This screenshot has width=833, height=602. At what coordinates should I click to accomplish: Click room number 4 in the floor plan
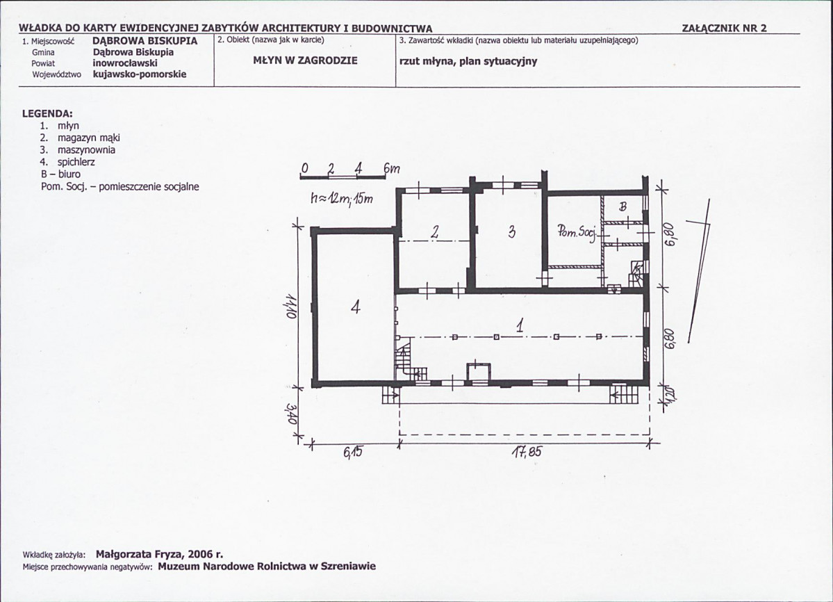tap(356, 307)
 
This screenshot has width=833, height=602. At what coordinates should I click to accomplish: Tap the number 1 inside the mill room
tap(520, 325)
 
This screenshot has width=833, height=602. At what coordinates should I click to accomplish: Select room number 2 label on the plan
tap(435, 231)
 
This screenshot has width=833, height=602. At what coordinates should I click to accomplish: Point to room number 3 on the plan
tap(511, 231)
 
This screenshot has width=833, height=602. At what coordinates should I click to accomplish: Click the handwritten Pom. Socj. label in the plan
tap(577, 231)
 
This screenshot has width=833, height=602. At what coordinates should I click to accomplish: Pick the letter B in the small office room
tap(623, 206)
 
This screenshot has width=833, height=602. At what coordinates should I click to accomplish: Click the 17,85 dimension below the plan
tap(527, 452)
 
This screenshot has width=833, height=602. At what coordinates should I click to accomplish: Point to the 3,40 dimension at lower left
tap(290, 415)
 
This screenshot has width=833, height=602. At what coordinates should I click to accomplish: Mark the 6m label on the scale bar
tap(392, 168)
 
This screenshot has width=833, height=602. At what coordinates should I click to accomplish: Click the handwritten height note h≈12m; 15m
tap(342, 199)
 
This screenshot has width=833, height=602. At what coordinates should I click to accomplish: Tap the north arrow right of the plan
tap(699, 271)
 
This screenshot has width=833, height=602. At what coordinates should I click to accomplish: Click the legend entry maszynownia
tap(86, 150)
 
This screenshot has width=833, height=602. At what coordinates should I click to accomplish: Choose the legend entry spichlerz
tap(76, 162)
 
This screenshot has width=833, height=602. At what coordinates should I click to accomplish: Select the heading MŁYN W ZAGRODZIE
tap(306, 60)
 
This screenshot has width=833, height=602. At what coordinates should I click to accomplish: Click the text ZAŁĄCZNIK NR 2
tap(724, 29)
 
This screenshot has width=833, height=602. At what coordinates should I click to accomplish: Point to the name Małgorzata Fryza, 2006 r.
tap(159, 554)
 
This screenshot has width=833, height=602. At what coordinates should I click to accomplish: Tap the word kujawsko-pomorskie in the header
tap(140, 74)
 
